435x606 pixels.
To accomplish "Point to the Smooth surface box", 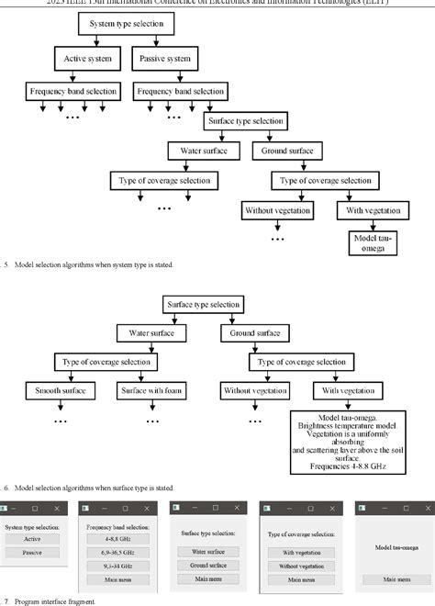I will coord(61,393).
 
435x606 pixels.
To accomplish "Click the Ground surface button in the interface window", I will coord(209,566).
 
